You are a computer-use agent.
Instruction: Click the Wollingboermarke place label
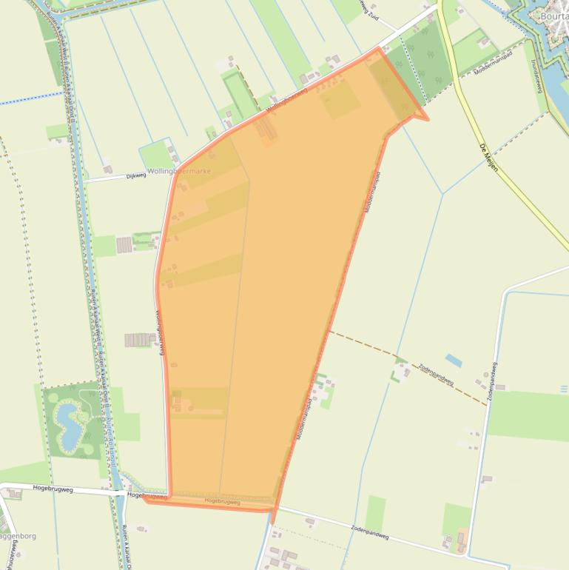pyautogui.click(x=179, y=171)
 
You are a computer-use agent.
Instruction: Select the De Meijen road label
pyautogui.click(x=489, y=157)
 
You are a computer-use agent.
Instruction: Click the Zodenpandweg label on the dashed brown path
pyautogui.click(x=435, y=371)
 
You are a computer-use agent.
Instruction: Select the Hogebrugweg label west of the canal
pyautogui.click(x=53, y=489)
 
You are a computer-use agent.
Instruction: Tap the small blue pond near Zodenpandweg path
pyautogui.click(x=454, y=361)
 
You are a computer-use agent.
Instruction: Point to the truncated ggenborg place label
pyautogui.click(x=17, y=535)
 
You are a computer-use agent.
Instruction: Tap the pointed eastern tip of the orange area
pyautogui.click(x=427, y=118)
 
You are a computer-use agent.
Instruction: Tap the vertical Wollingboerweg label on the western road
pyautogui.click(x=159, y=331)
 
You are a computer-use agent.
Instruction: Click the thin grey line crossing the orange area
pyautogui.click(x=236, y=333)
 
